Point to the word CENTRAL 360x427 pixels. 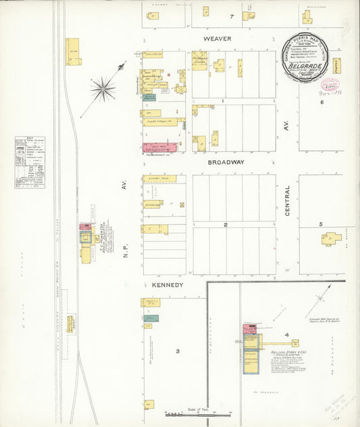(x=287, y=201)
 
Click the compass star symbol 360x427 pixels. (x=103, y=87)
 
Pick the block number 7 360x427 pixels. (x=231, y=16)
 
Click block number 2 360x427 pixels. (x=226, y=225)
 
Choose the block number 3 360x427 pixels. (x=178, y=351)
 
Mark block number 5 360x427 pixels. (x=322, y=224)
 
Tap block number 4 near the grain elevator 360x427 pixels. (x=287, y=335)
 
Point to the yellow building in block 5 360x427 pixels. (x=331, y=238)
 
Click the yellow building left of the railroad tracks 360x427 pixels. (x=73, y=52)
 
